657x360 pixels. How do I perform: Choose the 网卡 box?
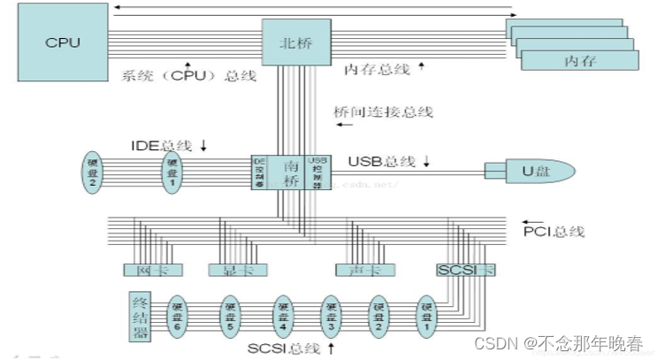(x=141, y=270)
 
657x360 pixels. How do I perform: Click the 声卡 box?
(x=357, y=270)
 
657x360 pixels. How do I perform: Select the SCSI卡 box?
(x=461, y=269)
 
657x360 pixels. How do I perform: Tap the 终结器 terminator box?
(x=139, y=317)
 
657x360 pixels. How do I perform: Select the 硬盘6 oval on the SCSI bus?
(x=178, y=317)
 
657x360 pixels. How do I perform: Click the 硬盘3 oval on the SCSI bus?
(x=330, y=317)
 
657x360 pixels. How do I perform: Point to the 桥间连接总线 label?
(x=383, y=112)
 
